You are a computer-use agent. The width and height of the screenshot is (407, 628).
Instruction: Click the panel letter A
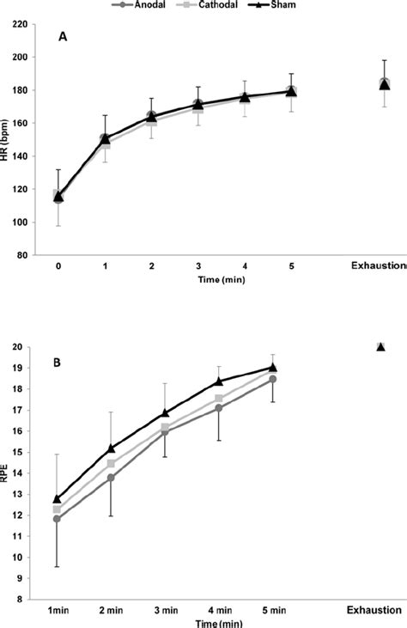[x=63, y=37]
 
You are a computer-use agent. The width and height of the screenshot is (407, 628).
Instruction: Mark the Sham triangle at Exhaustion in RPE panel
[x=380, y=347]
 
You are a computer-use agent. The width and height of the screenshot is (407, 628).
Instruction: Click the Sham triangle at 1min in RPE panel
[x=58, y=498]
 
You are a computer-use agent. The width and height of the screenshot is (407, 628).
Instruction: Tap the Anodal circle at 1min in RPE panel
[x=58, y=518]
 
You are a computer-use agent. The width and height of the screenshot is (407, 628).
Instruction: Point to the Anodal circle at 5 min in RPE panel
[x=272, y=379]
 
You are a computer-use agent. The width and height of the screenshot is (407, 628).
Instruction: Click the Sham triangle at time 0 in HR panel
[x=58, y=197]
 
